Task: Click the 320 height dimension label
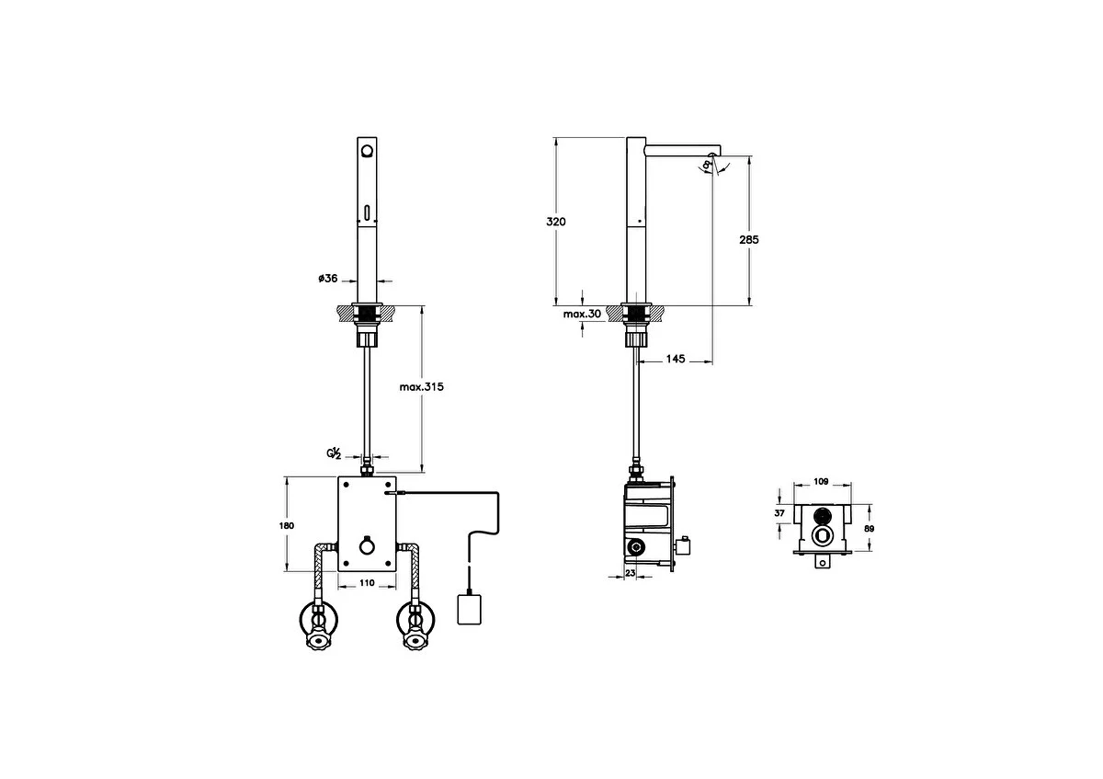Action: [556, 222]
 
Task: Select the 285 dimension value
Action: [749, 240]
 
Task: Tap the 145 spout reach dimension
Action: [676, 359]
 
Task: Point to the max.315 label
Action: [422, 387]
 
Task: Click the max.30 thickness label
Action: [582, 314]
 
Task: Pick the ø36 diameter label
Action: [328, 279]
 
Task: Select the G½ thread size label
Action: [334, 453]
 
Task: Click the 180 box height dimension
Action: [287, 526]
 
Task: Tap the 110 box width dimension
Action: [367, 583]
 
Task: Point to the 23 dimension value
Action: [631, 573]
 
